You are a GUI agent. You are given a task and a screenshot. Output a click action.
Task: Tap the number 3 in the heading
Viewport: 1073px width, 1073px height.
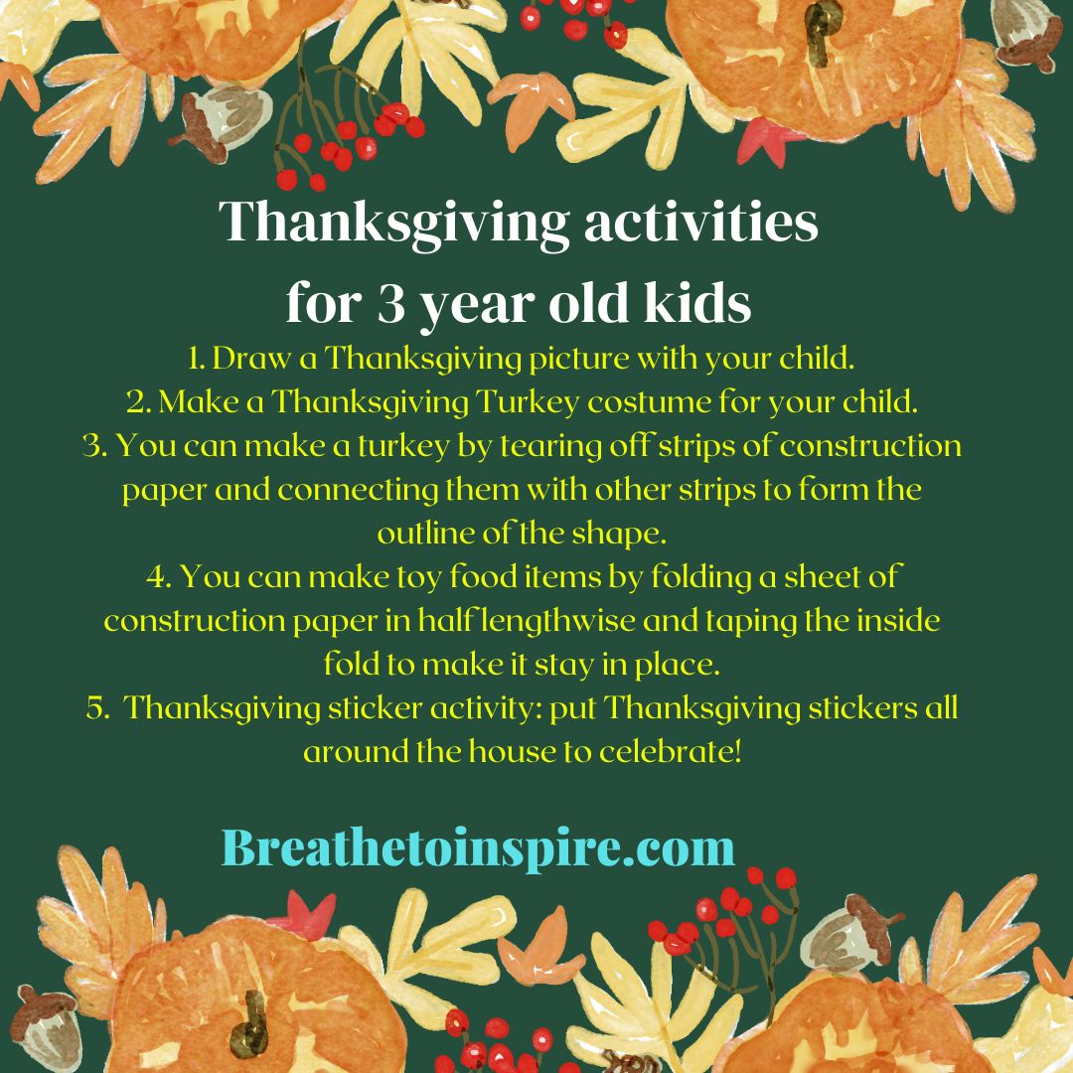[x=388, y=305]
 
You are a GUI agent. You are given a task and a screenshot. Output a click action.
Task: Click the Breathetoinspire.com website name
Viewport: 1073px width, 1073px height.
[x=478, y=848]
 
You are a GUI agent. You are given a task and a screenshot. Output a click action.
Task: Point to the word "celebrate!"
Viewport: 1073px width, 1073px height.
[x=671, y=751]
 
